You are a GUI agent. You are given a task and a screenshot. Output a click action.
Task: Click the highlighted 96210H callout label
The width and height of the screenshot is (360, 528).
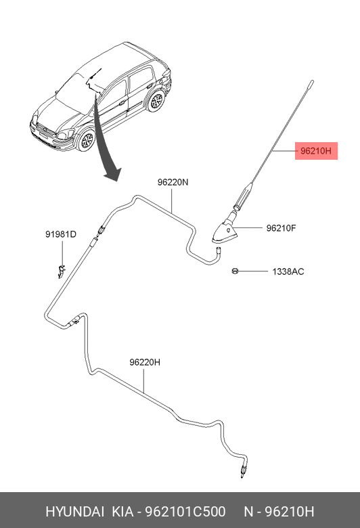pyautogui.click(x=316, y=151)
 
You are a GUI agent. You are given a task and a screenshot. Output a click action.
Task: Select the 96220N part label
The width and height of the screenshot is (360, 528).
pyautogui.click(x=173, y=182)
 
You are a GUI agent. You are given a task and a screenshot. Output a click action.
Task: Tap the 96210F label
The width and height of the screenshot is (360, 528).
pyautogui.click(x=281, y=228)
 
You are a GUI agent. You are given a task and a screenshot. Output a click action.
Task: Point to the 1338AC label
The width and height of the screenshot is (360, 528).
pyautogui.click(x=288, y=271)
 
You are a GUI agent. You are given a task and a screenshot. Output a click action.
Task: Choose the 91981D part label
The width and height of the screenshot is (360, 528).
pyautogui.click(x=61, y=234)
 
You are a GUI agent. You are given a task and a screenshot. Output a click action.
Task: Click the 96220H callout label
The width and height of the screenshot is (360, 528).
pyautogui.click(x=145, y=362)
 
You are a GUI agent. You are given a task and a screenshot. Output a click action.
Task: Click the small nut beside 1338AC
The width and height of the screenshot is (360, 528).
pyautogui.click(x=235, y=271)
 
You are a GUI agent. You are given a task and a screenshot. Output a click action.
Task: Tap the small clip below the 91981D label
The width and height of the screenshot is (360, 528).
pyautogui.click(x=61, y=271)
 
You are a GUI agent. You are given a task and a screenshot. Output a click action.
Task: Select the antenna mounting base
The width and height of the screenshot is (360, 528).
pyautogui.click(x=224, y=233)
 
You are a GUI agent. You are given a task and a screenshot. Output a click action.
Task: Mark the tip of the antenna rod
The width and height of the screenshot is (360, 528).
pyautogui.click(x=312, y=81)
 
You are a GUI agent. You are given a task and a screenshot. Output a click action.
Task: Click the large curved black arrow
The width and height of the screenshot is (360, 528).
pyautogui.click(x=106, y=141)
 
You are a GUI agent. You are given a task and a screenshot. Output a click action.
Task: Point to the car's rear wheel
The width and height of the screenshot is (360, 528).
pyautogui.click(x=156, y=101)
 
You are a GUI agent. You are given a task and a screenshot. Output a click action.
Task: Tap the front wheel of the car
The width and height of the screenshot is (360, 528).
pyautogui.click(x=87, y=139)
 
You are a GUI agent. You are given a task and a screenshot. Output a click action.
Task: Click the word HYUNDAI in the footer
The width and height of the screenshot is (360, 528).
pyautogui.click(x=74, y=512)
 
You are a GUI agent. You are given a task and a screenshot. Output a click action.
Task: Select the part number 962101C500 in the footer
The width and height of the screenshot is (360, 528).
pyautogui.click(x=185, y=512)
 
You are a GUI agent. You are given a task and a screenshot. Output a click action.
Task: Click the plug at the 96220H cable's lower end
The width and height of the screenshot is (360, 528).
pyautogui.click(x=242, y=470)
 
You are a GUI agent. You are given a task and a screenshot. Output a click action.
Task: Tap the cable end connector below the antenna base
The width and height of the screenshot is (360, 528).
pyautogui.click(x=218, y=250)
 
